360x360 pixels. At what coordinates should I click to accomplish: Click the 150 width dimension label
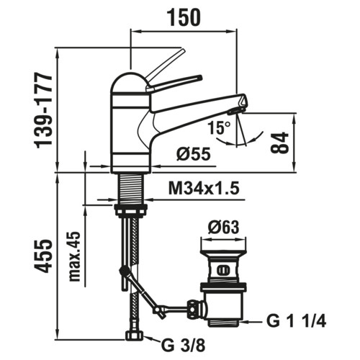point(184,18)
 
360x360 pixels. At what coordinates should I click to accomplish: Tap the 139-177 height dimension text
point(43,111)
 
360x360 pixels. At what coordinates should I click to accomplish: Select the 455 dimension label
point(43,257)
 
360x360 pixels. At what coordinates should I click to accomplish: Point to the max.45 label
point(74,256)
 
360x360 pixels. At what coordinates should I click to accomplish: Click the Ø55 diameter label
point(194,154)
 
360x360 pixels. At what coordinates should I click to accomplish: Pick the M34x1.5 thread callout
point(204,189)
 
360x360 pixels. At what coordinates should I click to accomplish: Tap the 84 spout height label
point(279,143)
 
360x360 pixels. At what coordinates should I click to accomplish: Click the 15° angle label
point(219,127)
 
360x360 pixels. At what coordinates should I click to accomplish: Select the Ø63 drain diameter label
point(224,227)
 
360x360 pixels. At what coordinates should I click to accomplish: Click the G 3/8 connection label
point(184,346)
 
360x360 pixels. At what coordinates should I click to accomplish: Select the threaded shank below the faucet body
point(131,189)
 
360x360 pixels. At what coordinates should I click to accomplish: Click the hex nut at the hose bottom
point(135,335)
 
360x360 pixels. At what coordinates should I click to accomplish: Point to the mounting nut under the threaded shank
point(131,210)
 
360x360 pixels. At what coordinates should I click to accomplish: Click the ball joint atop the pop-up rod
point(124,271)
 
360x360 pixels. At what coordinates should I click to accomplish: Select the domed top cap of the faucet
point(130,83)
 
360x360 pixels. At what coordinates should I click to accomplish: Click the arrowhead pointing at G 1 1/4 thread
point(246,321)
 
